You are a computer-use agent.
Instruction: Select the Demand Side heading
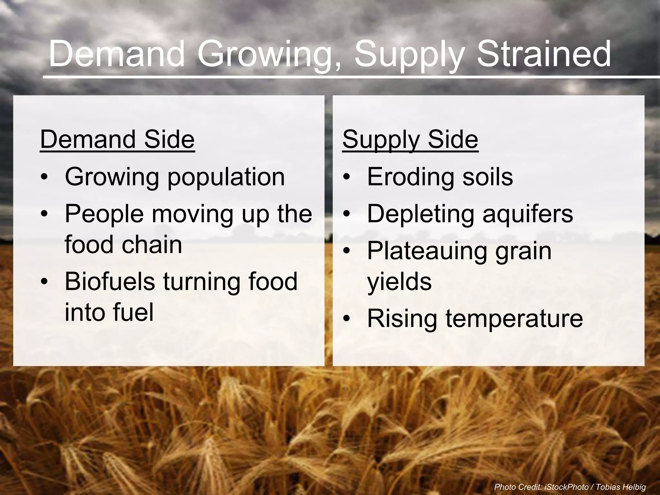(117, 139)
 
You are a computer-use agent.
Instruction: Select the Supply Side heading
(410, 139)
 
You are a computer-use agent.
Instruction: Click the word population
(226, 177)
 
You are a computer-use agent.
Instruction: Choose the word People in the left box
(104, 213)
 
